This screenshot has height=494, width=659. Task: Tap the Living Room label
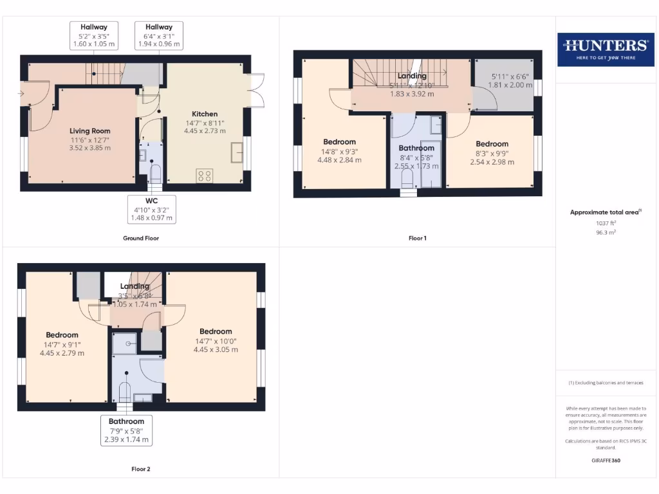(x=90, y=131)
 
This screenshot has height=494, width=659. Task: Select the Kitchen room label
(x=205, y=114)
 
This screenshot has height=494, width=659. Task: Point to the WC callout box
(x=151, y=209)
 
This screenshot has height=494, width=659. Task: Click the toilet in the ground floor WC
(x=155, y=172)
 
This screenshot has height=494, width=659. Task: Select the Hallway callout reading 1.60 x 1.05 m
(x=93, y=36)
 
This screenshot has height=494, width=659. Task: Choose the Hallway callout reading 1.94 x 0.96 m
(x=159, y=36)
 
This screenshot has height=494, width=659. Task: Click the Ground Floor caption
(x=141, y=238)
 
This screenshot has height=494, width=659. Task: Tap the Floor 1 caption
(x=417, y=238)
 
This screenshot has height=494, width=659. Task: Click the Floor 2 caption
(x=140, y=469)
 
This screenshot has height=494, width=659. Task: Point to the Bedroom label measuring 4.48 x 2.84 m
(x=339, y=142)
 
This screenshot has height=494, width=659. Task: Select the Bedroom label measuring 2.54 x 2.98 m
(x=492, y=144)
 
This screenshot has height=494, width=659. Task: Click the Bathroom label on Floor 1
(x=416, y=148)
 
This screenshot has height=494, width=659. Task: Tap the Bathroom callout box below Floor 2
(x=126, y=431)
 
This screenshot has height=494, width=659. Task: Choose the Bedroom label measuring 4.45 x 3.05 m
(x=216, y=332)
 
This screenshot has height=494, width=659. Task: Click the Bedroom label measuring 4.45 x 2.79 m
(x=62, y=335)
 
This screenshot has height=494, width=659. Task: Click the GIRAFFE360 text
(x=605, y=461)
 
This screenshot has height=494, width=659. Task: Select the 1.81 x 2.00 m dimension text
(x=512, y=85)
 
